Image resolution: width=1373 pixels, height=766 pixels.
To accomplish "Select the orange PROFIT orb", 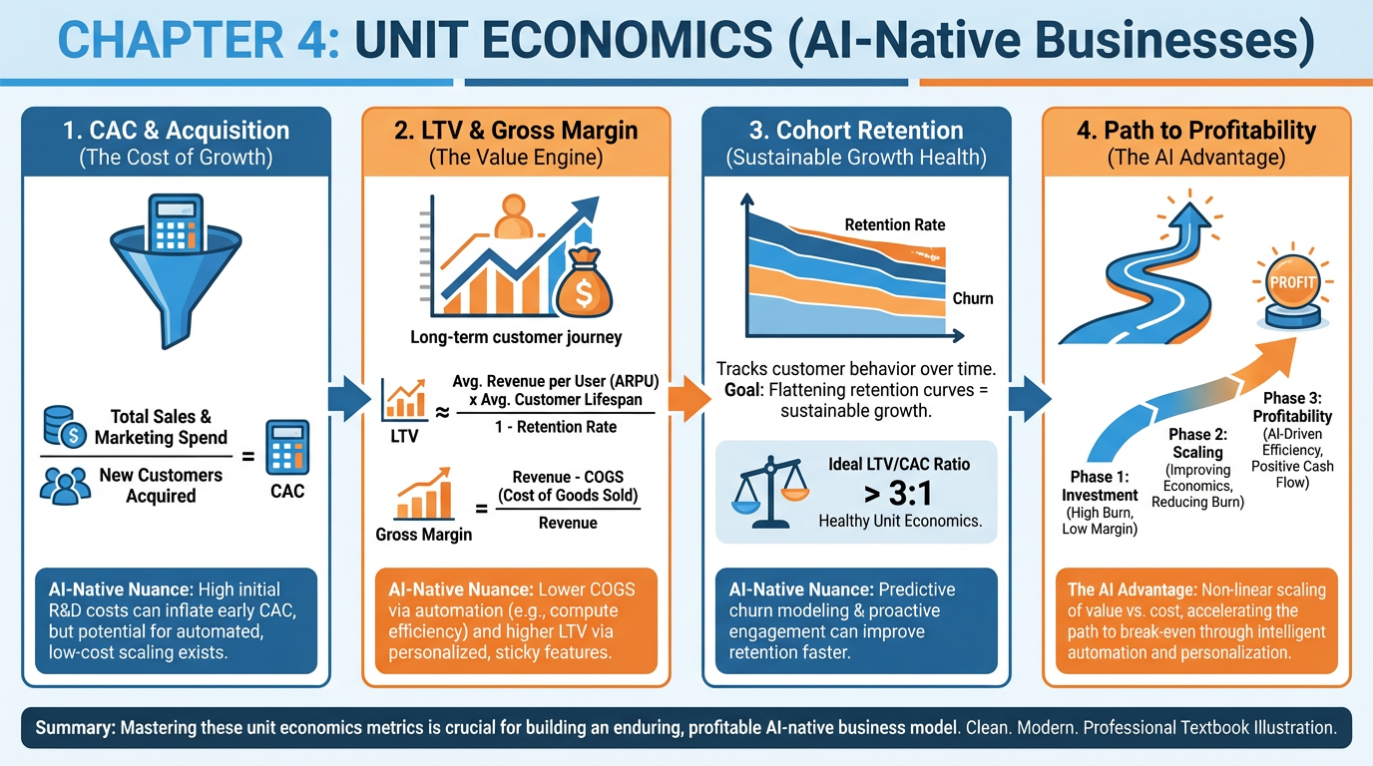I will (1292, 283).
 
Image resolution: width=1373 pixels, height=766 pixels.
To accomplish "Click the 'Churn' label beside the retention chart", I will (973, 298).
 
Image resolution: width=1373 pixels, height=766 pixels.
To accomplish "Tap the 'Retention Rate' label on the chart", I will (895, 224).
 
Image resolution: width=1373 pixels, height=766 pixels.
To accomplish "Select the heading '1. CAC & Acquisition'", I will (175, 131).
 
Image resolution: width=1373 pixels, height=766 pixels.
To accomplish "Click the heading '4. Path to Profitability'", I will (1197, 131).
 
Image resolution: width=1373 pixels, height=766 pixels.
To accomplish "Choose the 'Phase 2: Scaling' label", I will (1197, 444).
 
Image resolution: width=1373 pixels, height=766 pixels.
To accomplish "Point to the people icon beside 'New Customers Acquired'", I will (64, 485).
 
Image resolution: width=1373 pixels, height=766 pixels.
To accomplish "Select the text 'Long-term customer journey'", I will (516, 337).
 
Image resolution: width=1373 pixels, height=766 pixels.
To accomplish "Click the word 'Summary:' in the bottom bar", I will (75, 727).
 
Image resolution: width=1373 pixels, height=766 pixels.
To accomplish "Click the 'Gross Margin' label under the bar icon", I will (424, 534).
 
